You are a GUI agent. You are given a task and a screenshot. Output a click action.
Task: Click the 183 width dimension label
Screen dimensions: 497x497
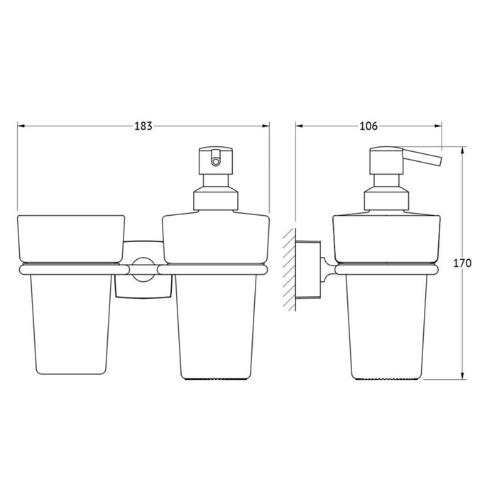(x=143, y=126)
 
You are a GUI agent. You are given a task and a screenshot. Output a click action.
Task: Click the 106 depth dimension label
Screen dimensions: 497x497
(x=368, y=126)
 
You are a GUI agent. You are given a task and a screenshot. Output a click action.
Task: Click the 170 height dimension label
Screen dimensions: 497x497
(x=462, y=263)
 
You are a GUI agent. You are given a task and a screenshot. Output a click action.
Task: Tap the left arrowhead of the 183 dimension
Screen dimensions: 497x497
(x=21, y=126)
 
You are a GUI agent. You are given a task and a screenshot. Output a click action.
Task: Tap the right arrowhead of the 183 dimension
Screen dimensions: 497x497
(x=266, y=126)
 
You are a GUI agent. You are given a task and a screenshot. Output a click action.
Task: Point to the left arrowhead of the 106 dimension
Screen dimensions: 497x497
(x=300, y=126)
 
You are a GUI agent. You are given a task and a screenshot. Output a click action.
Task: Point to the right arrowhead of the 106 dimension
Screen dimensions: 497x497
(x=438, y=126)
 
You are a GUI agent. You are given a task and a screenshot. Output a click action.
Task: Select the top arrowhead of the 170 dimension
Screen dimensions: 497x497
(x=462, y=151)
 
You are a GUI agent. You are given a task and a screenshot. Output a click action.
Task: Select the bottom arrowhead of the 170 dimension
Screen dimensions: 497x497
(x=462, y=376)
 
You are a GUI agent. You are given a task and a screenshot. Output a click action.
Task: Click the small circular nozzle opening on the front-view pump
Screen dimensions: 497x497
(x=216, y=162)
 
